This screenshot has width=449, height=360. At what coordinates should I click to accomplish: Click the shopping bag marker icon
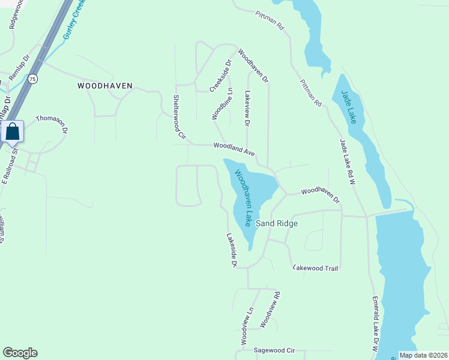[13, 131]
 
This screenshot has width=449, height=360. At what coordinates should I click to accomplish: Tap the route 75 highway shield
[32, 79]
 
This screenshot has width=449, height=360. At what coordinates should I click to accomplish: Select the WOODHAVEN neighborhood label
[104, 86]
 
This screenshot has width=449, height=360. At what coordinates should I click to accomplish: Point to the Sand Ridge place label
[277, 223]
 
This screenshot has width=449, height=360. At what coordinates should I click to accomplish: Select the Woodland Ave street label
[235, 146]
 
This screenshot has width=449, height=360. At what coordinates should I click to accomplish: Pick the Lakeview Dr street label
[247, 109]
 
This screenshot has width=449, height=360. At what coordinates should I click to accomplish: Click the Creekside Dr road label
[220, 76]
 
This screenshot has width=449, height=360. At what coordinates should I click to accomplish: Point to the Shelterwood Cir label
[177, 118]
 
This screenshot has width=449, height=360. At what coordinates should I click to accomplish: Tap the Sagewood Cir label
[275, 349]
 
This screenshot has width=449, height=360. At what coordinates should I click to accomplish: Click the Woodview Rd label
[270, 310]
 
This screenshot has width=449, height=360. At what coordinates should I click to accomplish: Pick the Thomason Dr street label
[52, 124]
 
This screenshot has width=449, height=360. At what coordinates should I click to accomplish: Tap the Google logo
[20, 353]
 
